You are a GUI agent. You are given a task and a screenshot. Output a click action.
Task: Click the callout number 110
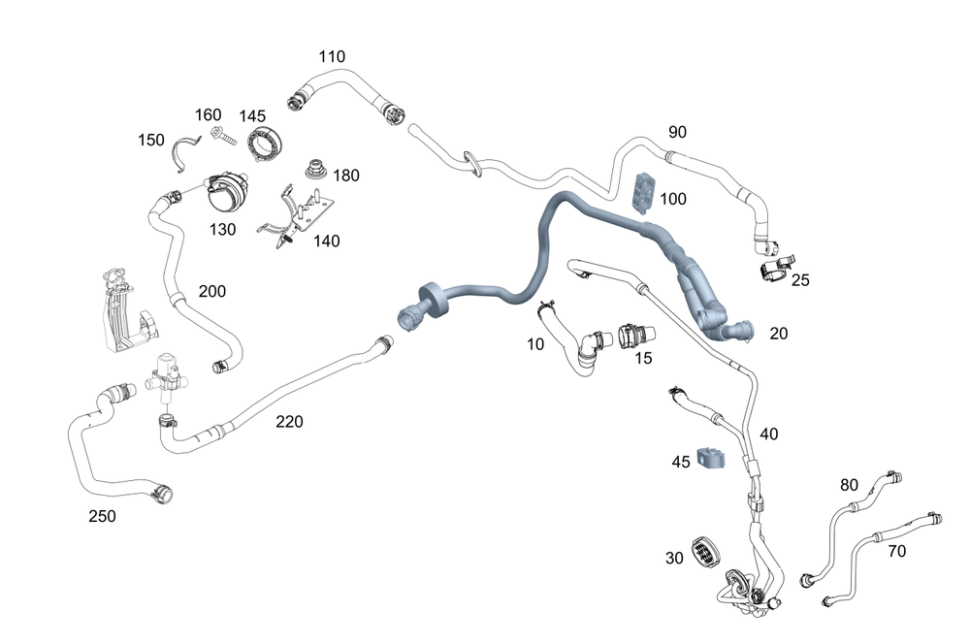click(x=331, y=57)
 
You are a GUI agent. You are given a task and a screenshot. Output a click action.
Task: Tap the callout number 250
click(x=102, y=516)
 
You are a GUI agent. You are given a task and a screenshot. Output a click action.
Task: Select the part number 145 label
click(x=252, y=116)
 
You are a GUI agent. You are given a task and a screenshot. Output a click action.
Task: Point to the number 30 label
click(x=674, y=558)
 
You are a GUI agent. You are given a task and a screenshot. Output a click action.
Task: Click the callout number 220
click(x=289, y=421)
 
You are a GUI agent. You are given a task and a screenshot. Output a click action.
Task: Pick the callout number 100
click(x=672, y=199)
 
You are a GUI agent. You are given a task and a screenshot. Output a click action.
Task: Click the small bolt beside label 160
click(x=222, y=138)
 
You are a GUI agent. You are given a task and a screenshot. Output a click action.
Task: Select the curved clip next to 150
click(x=184, y=152)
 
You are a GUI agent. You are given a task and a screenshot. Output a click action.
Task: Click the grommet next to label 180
click(x=315, y=171)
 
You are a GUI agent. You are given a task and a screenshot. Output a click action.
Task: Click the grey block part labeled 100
click(x=642, y=191)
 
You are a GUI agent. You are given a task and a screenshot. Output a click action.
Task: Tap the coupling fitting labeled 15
click(x=630, y=337)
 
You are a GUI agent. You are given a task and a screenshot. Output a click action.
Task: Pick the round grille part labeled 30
click(x=705, y=554)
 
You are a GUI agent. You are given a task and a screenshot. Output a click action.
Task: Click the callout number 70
click(x=897, y=552)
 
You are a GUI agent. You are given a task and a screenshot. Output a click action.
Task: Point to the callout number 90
click(x=677, y=131)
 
